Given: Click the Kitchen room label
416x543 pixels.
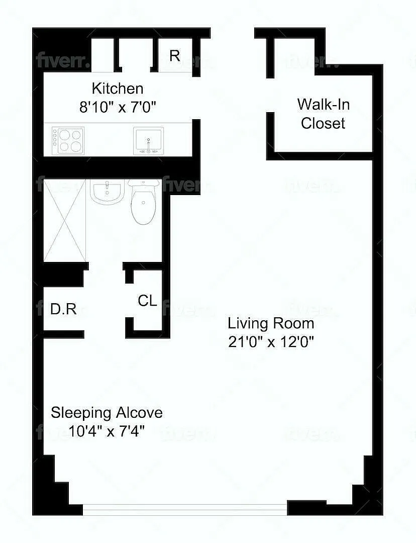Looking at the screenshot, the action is tap(118, 88).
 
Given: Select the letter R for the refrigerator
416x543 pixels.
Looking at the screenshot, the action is tap(175, 55).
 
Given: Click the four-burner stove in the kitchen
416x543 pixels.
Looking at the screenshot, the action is tap(68, 141).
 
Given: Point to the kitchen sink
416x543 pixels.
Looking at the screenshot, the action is tap(149, 141).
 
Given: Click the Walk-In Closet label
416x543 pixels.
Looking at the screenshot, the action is tap(323, 114).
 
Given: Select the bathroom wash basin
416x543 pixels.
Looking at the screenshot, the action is tap(108, 191).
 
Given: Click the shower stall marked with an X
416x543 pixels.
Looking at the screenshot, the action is tap(65, 220).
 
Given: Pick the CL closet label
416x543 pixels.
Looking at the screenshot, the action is tap(147, 301).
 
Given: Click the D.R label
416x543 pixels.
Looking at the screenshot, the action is tap(63, 309).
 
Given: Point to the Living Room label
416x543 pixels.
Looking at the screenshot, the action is tap(271, 323).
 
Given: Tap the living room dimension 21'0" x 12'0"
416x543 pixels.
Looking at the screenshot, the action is tap(271, 342).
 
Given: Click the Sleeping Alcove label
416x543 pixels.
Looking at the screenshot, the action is tap(107, 413).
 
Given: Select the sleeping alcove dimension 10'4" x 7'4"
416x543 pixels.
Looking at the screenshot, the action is tap(106, 431).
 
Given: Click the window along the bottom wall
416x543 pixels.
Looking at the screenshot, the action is tap(185, 510).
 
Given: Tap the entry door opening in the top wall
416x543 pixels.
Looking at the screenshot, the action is tap(233, 33).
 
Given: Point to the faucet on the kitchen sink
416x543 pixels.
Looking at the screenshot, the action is tap(149, 145).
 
